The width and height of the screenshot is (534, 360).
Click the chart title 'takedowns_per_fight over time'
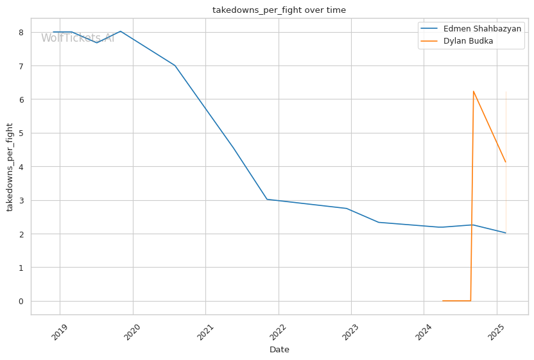(x=279, y=10)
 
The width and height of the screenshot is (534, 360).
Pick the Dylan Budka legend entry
(x=468, y=41)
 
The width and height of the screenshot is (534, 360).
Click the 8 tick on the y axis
(x=21, y=33)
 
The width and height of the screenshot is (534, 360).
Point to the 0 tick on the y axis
(x=21, y=301)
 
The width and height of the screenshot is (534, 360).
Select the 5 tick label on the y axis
(x=21, y=133)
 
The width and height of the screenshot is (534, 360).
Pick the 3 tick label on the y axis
(x=21, y=200)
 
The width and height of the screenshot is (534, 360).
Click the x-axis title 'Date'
(x=279, y=350)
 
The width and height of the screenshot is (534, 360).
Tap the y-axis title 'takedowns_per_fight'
(x=10, y=167)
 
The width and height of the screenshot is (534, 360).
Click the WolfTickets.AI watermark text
(x=78, y=39)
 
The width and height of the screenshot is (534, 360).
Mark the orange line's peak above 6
(x=474, y=91)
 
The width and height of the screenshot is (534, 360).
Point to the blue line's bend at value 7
(x=175, y=65)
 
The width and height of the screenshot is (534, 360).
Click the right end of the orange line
(x=506, y=162)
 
